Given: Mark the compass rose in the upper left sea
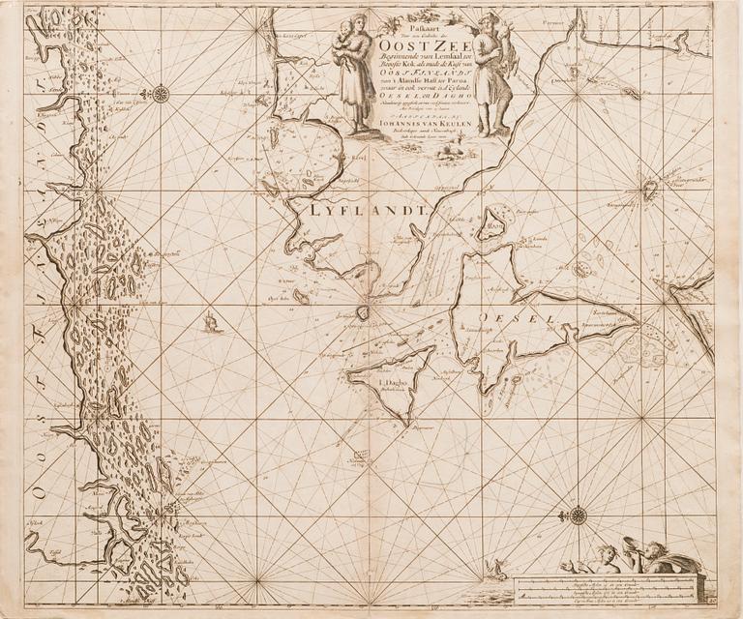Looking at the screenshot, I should point(161,94).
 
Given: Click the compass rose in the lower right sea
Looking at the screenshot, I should point(578,516).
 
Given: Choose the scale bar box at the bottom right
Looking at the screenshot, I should point(607,587).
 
